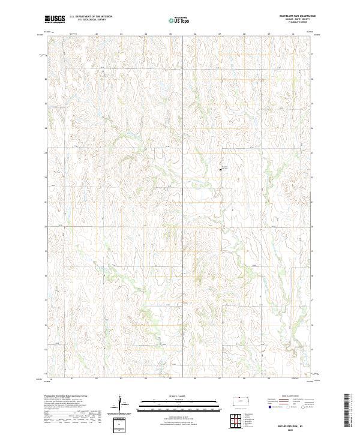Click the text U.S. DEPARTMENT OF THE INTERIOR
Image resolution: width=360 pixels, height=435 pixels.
click(x=91, y=17)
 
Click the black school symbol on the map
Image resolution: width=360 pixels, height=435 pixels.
click(x=221, y=169)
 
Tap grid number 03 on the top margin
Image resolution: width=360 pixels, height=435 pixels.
click(x=121, y=34)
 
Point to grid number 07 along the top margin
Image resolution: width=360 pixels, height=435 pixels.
click(x=220, y=34)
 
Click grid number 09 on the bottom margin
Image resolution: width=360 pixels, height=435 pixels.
click(x=269, y=379)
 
